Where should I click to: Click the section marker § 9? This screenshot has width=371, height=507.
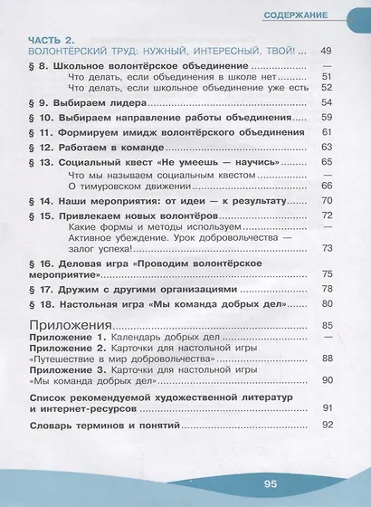pyautogui.click(x=39, y=103)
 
